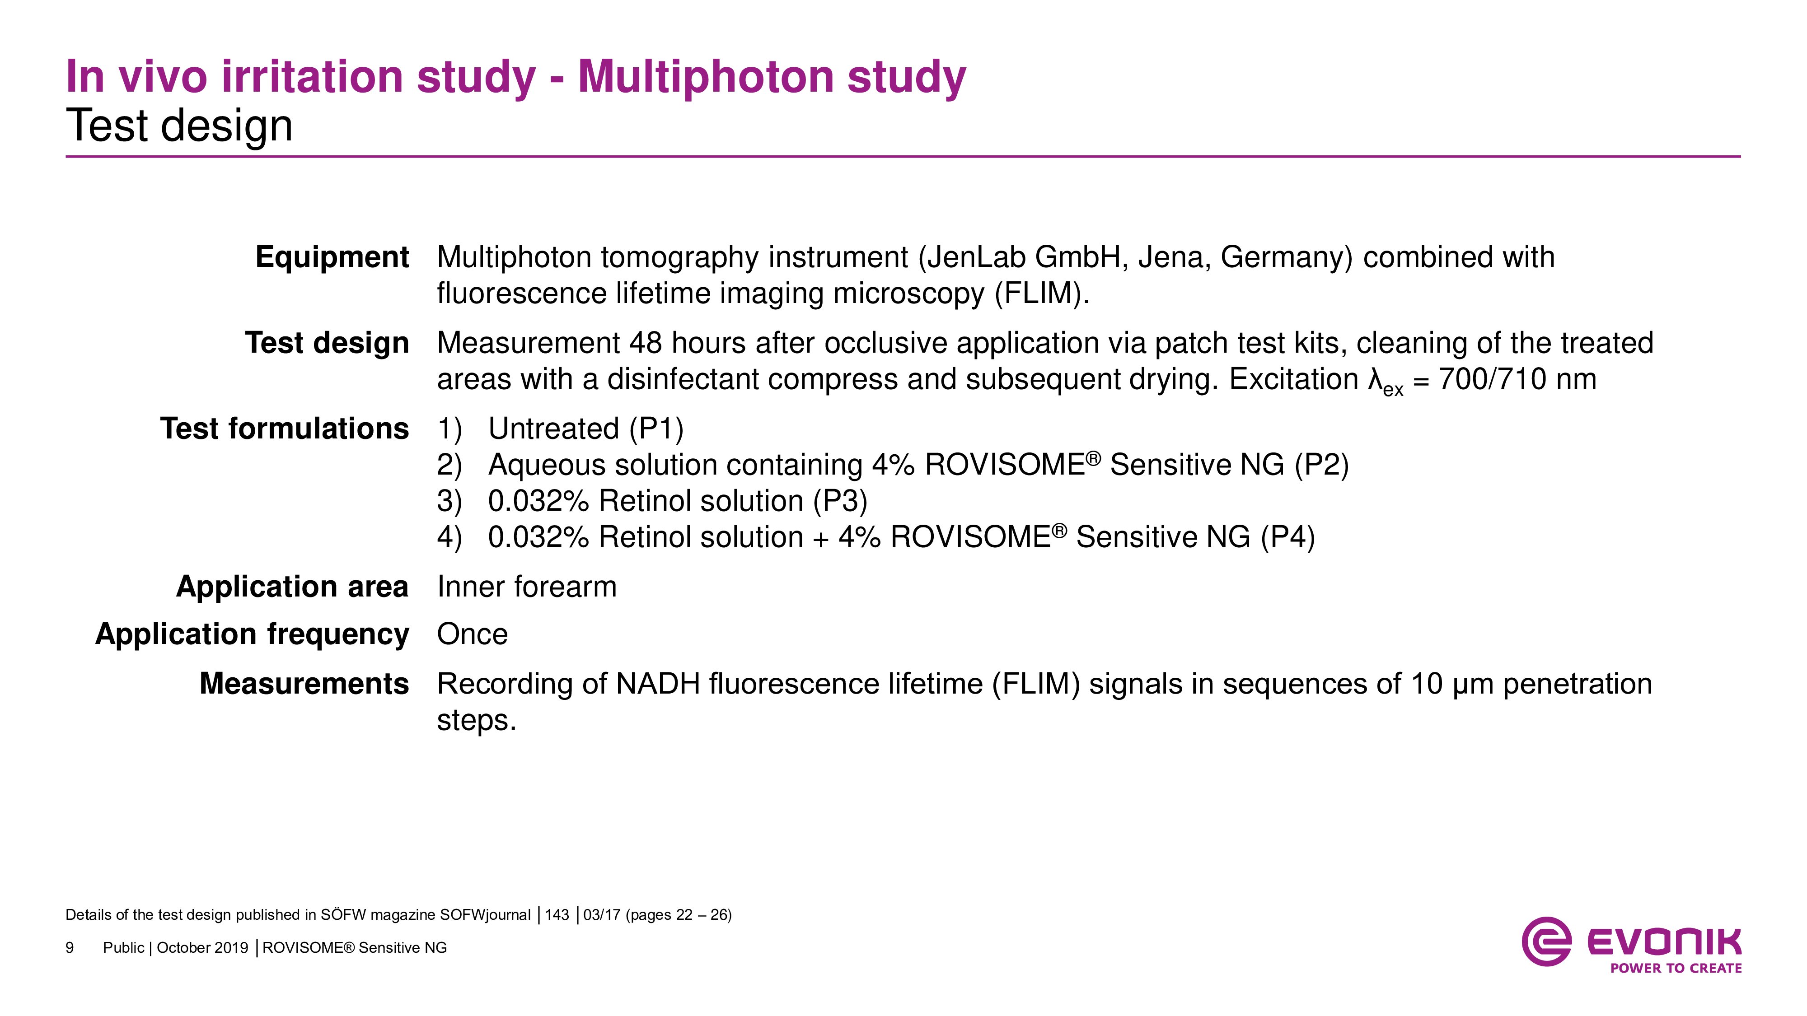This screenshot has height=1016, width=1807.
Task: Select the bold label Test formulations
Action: coord(284,429)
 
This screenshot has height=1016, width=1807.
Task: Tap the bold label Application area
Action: coord(292,586)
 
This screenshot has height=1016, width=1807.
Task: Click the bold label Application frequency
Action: coord(252,634)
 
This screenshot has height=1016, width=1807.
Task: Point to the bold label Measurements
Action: coord(304,684)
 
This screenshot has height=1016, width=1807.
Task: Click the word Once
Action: coord(472,634)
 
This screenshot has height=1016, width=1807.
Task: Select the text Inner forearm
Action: coord(527,586)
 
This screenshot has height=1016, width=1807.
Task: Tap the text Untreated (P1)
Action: coord(586,429)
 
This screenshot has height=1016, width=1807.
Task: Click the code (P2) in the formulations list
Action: coord(1321,465)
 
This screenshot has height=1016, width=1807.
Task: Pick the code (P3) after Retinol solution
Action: coord(840,501)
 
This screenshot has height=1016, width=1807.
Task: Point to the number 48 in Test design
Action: coord(646,343)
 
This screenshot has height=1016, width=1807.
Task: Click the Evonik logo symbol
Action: coord(1545,941)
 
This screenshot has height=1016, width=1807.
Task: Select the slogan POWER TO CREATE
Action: coord(1676,968)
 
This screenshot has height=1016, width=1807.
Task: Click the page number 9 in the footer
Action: coord(70,948)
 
